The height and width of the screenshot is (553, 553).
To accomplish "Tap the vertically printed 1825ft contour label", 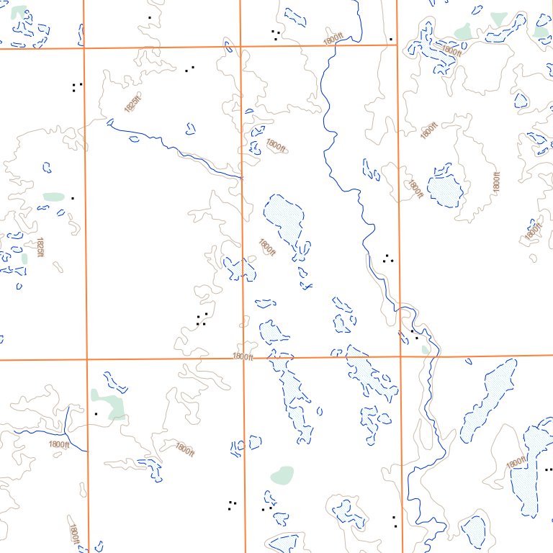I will pos(40,248).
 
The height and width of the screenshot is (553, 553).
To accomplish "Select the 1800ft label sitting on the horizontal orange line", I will pos(243,356).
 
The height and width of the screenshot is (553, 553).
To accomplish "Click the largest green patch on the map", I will pos(108,405).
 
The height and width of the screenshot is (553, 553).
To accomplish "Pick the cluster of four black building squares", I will pos(202,319).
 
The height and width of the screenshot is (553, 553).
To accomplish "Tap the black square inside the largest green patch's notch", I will pos(96,413).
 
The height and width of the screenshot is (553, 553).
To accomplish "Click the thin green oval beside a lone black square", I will pos(54,196).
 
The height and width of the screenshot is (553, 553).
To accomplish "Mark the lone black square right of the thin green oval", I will pos(72,197).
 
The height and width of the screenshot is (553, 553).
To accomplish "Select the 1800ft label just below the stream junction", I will pos(59,445).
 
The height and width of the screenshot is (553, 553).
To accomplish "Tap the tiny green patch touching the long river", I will pos(426,349).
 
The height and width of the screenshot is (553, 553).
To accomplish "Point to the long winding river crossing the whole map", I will pos(367,238).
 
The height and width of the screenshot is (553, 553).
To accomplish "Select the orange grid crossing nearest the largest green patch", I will pos(86,359).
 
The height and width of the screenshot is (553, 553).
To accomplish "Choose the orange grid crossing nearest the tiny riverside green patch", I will pos(400,356).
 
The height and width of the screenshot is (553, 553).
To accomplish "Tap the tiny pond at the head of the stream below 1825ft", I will pos(190,130).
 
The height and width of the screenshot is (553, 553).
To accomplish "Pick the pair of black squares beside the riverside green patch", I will pos(414,335).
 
